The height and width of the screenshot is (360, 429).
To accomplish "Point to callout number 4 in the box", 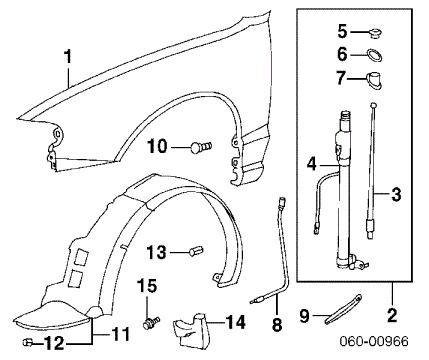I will (311, 162).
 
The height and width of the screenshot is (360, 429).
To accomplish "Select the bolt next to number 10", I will (200, 148).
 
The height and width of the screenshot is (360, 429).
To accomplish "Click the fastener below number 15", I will (151, 322).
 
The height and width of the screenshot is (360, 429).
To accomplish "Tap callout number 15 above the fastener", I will (148, 287).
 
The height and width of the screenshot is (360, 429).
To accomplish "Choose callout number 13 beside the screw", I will (158, 251).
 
